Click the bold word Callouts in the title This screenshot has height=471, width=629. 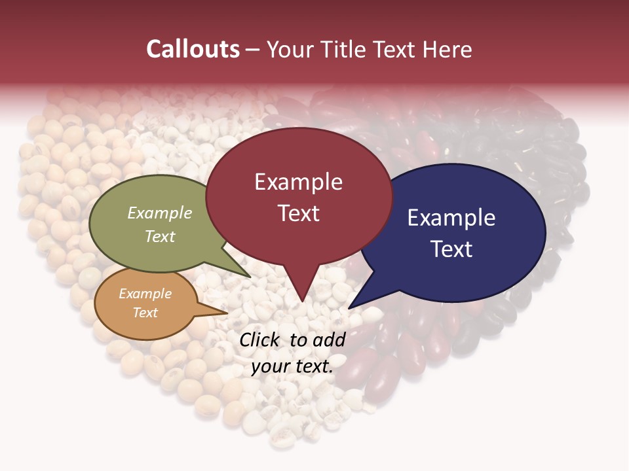(193, 49)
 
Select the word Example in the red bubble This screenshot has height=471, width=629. (298, 182)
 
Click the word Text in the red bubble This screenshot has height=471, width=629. (298, 213)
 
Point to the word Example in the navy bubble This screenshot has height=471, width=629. (451, 218)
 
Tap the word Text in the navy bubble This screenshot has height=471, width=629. (451, 249)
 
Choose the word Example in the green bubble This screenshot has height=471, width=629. (160, 213)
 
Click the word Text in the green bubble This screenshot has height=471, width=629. (160, 236)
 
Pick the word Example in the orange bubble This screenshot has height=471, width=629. (145, 294)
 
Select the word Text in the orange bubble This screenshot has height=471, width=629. (145, 313)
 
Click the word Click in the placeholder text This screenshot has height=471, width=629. (260, 340)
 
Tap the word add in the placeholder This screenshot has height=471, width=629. (330, 340)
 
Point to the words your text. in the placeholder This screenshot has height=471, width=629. (292, 366)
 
